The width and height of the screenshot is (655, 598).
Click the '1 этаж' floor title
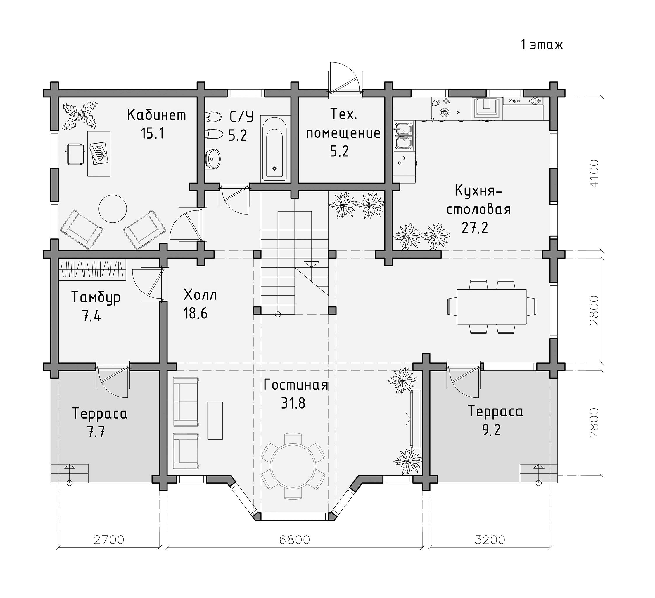(542, 44)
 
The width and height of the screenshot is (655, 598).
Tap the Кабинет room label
(157, 115)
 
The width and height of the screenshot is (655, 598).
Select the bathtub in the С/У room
(274, 148)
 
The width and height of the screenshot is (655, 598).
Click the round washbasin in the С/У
(213, 159)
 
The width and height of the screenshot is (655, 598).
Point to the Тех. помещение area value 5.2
(340, 151)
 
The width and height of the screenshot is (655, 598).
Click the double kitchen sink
(403, 136)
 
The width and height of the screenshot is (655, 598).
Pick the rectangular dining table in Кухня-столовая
(492, 306)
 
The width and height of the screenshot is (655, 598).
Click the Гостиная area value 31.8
(293, 404)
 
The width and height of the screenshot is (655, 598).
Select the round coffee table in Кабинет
(113, 208)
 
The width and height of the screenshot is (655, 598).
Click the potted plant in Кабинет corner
(80, 116)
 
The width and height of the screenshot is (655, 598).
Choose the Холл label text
(200, 295)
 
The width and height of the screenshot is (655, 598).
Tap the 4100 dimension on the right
(593, 173)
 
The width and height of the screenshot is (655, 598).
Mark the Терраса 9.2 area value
(491, 430)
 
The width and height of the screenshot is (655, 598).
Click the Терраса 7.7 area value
(97, 433)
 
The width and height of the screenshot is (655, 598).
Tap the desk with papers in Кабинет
(99, 154)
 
